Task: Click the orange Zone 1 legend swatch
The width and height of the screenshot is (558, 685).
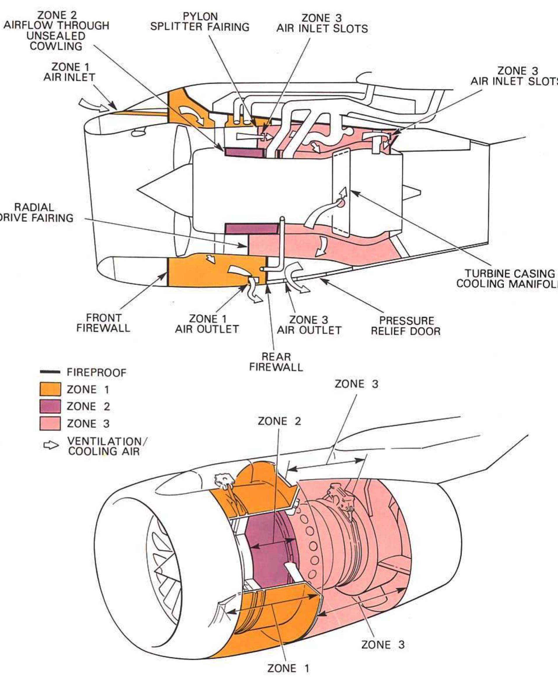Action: point(50,389)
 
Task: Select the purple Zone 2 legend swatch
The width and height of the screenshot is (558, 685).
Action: point(50,406)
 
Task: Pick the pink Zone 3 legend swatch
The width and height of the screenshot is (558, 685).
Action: point(50,423)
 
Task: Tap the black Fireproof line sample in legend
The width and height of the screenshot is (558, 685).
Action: point(50,372)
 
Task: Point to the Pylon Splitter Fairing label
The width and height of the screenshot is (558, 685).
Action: point(200,22)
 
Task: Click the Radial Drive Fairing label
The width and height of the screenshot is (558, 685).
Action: point(35,213)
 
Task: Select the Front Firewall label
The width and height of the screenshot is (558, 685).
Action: point(103,323)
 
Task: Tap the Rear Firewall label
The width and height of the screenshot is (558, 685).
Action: point(276,362)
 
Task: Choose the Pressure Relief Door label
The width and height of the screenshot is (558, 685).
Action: point(406,326)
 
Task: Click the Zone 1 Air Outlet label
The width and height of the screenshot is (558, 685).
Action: point(207,324)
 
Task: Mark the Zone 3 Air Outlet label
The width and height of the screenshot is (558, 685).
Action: point(309,325)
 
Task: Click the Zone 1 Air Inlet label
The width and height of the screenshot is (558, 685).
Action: point(69,72)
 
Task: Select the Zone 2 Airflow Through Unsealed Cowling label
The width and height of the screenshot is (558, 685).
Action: point(56,31)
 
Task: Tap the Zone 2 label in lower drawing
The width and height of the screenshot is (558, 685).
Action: point(279,421)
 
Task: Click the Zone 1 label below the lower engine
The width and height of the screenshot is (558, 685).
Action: point(288,668)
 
